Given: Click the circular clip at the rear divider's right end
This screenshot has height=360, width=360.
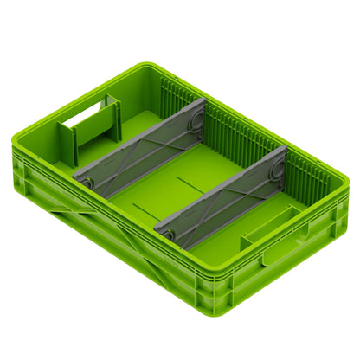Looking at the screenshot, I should coord(196,113).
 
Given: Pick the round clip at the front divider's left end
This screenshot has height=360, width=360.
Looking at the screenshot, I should coord(166,232).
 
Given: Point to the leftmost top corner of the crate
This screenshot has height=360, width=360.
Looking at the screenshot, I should coord(15,143).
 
